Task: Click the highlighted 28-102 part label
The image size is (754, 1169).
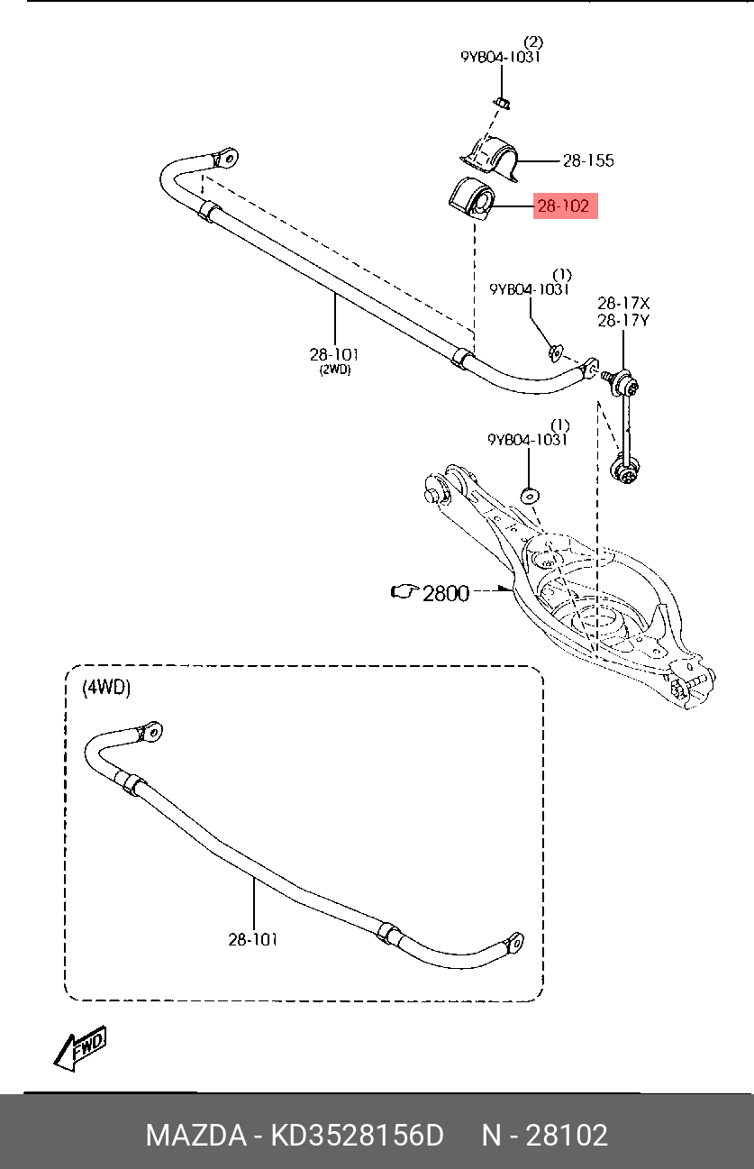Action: pyautogui.click(x=563, y=206)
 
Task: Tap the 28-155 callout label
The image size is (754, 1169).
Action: pyautogui.click(x=588, y=161)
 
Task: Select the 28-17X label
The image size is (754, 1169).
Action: pyautogui.click(x=623, y=304)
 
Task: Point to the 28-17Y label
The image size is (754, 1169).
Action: pyautogui.click(x=623, y=320)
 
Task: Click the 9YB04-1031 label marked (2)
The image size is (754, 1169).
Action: pyautogui.click(x=501, y=57)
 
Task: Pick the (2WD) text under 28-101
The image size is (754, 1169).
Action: pyautogui.click(x=334, y=370)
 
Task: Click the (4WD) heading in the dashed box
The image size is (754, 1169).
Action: pyautogui.click(x=106, y=688)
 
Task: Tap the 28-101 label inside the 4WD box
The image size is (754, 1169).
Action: pyautogui.click(x=252, y=939)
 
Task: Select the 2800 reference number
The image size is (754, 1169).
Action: pyautogui.click(x=446, y=592)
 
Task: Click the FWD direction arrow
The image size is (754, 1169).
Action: pyautogui.click(x=80, y=1049)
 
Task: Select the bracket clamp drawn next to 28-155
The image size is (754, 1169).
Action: pyautogui.click(x=490, y=155)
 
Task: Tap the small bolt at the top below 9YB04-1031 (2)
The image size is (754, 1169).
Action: pyautogui.click(x=504, y=100)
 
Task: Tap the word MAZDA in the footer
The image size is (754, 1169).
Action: pyautogui.click(x=196, y=1135)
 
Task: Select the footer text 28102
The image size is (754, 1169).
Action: pyautogui.click(x=568, y=1135)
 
